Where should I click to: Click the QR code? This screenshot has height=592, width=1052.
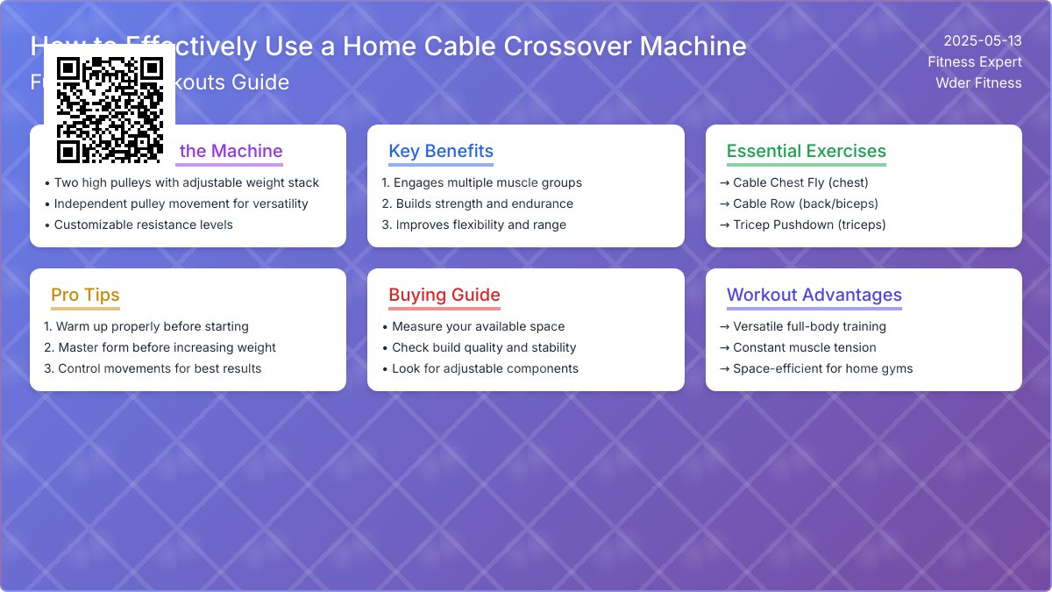point(110,110)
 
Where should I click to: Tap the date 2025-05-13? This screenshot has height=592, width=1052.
point(982,41)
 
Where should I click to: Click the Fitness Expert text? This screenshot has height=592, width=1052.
point(975,62)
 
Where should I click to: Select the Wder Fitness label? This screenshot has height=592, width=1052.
point(978,83)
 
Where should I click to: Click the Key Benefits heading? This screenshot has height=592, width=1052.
point(441,151)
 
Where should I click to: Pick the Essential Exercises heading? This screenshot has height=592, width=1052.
point(806,151)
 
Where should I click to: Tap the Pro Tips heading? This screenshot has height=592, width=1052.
point(85,295)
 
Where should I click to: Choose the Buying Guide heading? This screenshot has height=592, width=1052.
point(444,295)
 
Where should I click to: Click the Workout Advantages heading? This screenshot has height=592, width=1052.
point(814,295)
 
